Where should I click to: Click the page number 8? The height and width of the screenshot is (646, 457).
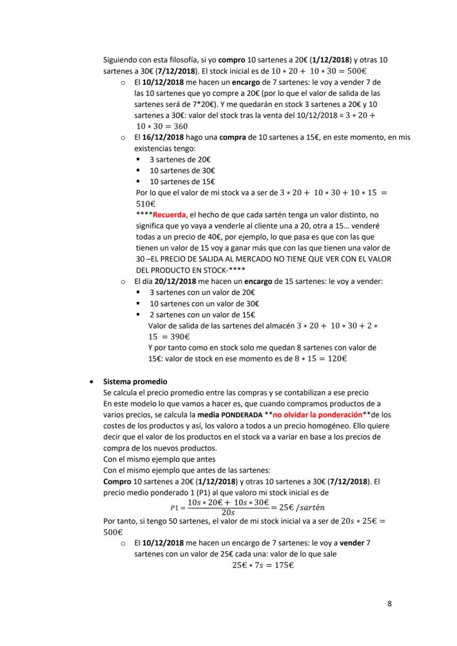pos(390,604)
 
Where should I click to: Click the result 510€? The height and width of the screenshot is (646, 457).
pos(145,204)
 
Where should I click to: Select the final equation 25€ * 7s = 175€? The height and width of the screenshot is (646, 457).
pos(263,565)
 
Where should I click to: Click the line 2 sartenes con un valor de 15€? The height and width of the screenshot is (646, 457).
pos(202,314)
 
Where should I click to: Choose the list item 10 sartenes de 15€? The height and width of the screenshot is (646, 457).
pos(182,181)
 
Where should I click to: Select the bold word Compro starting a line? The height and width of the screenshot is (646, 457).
pos(116,481)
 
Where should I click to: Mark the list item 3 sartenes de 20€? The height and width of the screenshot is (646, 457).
pos(180,159)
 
